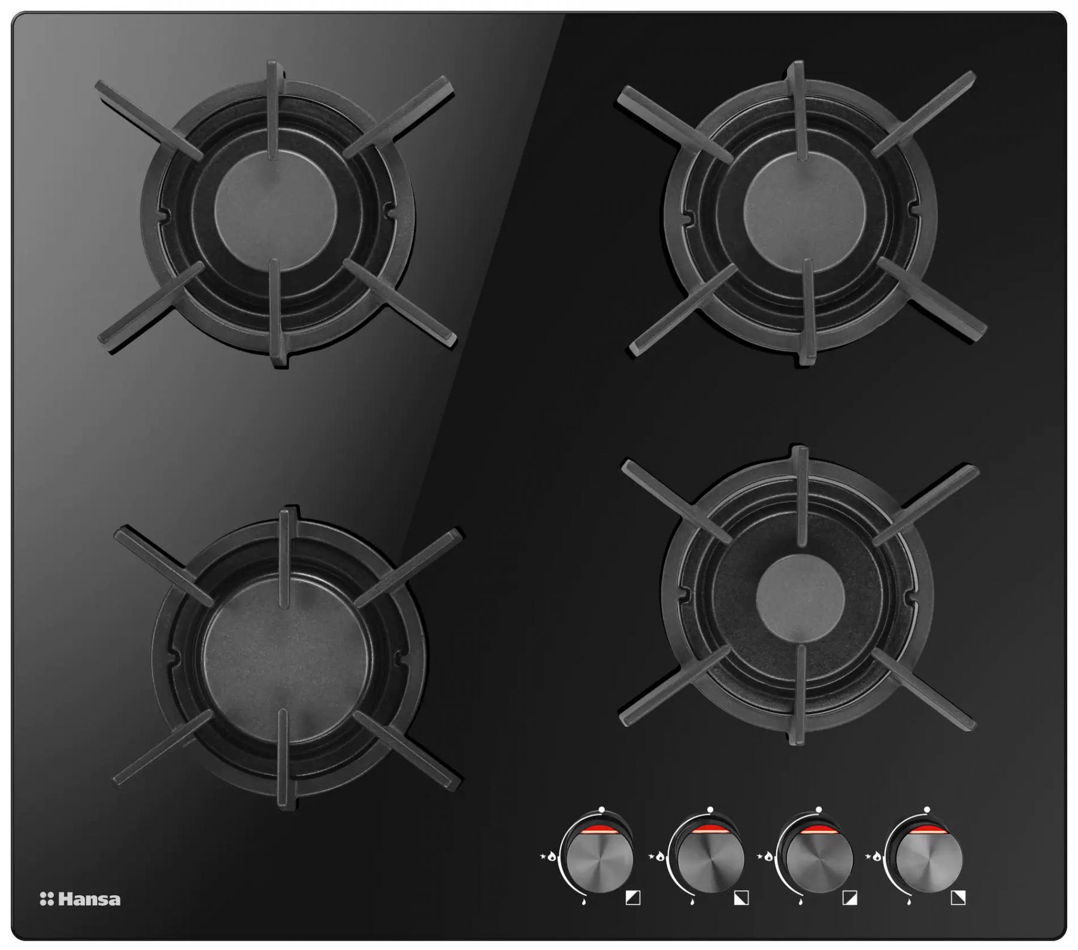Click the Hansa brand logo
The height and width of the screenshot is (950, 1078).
click(x=80, y=899)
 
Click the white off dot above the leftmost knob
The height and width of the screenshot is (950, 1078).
click(x=601, y=809)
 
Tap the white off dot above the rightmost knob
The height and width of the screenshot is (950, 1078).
click(x=926, y=809)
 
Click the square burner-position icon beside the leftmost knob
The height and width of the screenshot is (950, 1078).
click(x=633, y=898)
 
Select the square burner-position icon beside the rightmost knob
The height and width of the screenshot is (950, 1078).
click(x=958, y=898)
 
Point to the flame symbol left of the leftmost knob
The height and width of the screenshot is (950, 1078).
click(x=551, y=857)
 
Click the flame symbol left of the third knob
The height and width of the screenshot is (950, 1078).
click(x=768, y=857)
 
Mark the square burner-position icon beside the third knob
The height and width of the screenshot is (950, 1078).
click(x=850, y=898)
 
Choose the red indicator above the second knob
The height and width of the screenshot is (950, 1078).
click(x=710, y=829)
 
